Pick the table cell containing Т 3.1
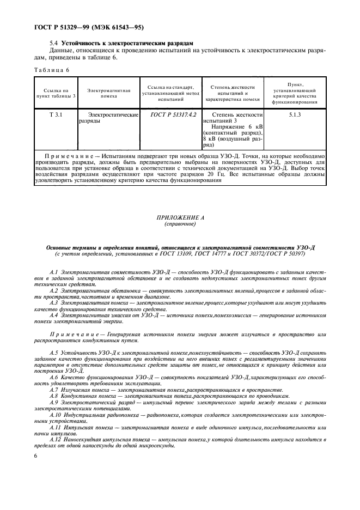coord(55,115)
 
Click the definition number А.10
coord(54,414)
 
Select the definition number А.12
coord(54,439)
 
